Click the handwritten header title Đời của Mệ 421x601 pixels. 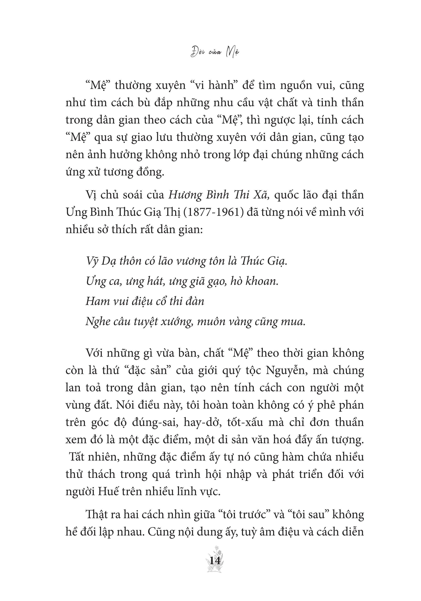[215, 52]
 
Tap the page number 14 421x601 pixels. [215, 561]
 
